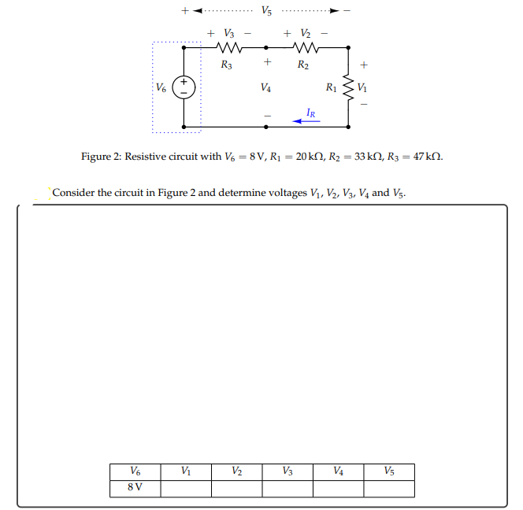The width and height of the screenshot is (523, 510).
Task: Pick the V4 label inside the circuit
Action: (x=266, y=88)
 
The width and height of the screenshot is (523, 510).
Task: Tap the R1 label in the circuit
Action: (x=332, y=87)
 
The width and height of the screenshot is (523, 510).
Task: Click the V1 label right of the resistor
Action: (x=362, y=87)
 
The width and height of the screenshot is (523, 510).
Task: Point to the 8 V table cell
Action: (x=135, y=487)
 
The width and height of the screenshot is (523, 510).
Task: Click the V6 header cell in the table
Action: (x=135, y=471)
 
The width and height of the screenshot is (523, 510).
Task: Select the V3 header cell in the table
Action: (x=287, y=471)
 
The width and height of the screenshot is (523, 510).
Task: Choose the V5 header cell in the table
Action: (x=389, y=471)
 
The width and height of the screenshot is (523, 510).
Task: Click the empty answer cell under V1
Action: (x=185, y=487)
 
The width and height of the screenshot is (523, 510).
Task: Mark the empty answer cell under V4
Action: (x=338, y=487)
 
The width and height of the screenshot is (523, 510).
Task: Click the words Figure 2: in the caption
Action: (x=102, y=156)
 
